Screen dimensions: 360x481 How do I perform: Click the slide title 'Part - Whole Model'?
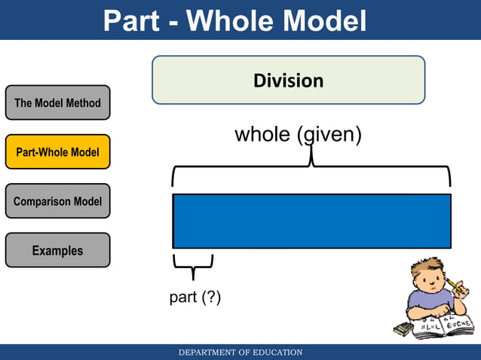coord(234,20)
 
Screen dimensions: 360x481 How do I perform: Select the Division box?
coord(288,80)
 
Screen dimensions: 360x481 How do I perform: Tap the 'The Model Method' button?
coord(57,102)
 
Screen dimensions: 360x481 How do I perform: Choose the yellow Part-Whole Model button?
coord(57,152)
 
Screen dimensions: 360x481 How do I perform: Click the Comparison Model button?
coord(57,201)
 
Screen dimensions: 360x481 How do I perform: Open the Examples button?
coord(57,250)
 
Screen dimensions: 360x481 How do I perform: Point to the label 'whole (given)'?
coord(299,135)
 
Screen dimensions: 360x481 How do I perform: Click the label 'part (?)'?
coord(195,297)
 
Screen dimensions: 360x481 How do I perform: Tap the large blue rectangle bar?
coord(311,221)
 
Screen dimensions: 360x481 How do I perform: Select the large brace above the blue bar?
coord(311,169)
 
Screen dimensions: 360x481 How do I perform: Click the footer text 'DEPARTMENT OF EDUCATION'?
coord(240,352)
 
